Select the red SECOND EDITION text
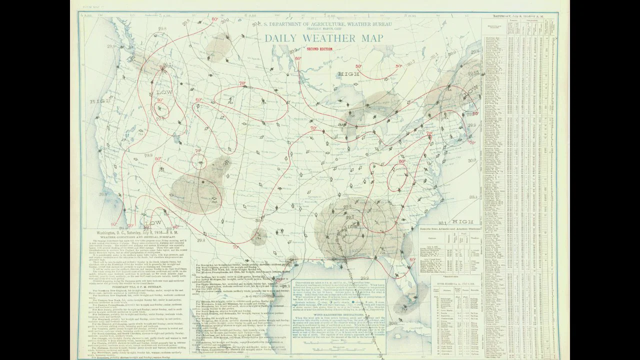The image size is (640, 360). point(319,49)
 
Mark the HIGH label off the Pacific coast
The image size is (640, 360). point(97,101)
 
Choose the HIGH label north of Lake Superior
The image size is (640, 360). point(348,74)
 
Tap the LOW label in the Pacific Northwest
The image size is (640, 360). point(164,93)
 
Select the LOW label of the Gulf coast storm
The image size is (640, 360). point(352,226)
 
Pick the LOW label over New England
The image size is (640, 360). point(471,93)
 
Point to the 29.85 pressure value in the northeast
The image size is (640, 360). point(473,74)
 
